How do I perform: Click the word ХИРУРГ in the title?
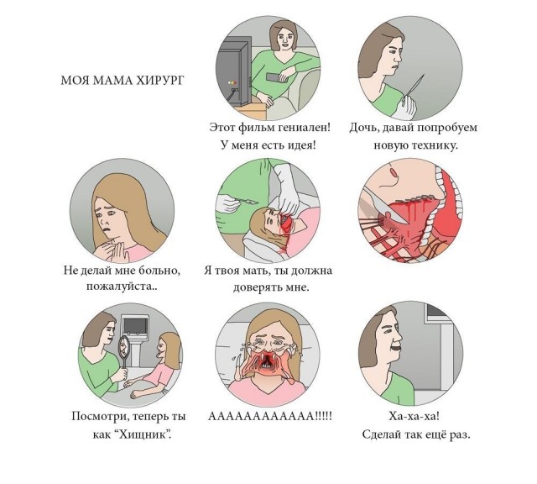(160, 81)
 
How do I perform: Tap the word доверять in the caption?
(258, 287)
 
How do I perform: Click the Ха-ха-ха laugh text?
(414, 416)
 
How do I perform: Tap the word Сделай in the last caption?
(381, 434)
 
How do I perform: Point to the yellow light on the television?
(230, 82)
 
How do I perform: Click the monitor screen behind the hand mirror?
(136, 325)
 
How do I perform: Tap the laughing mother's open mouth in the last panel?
(396, 348)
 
